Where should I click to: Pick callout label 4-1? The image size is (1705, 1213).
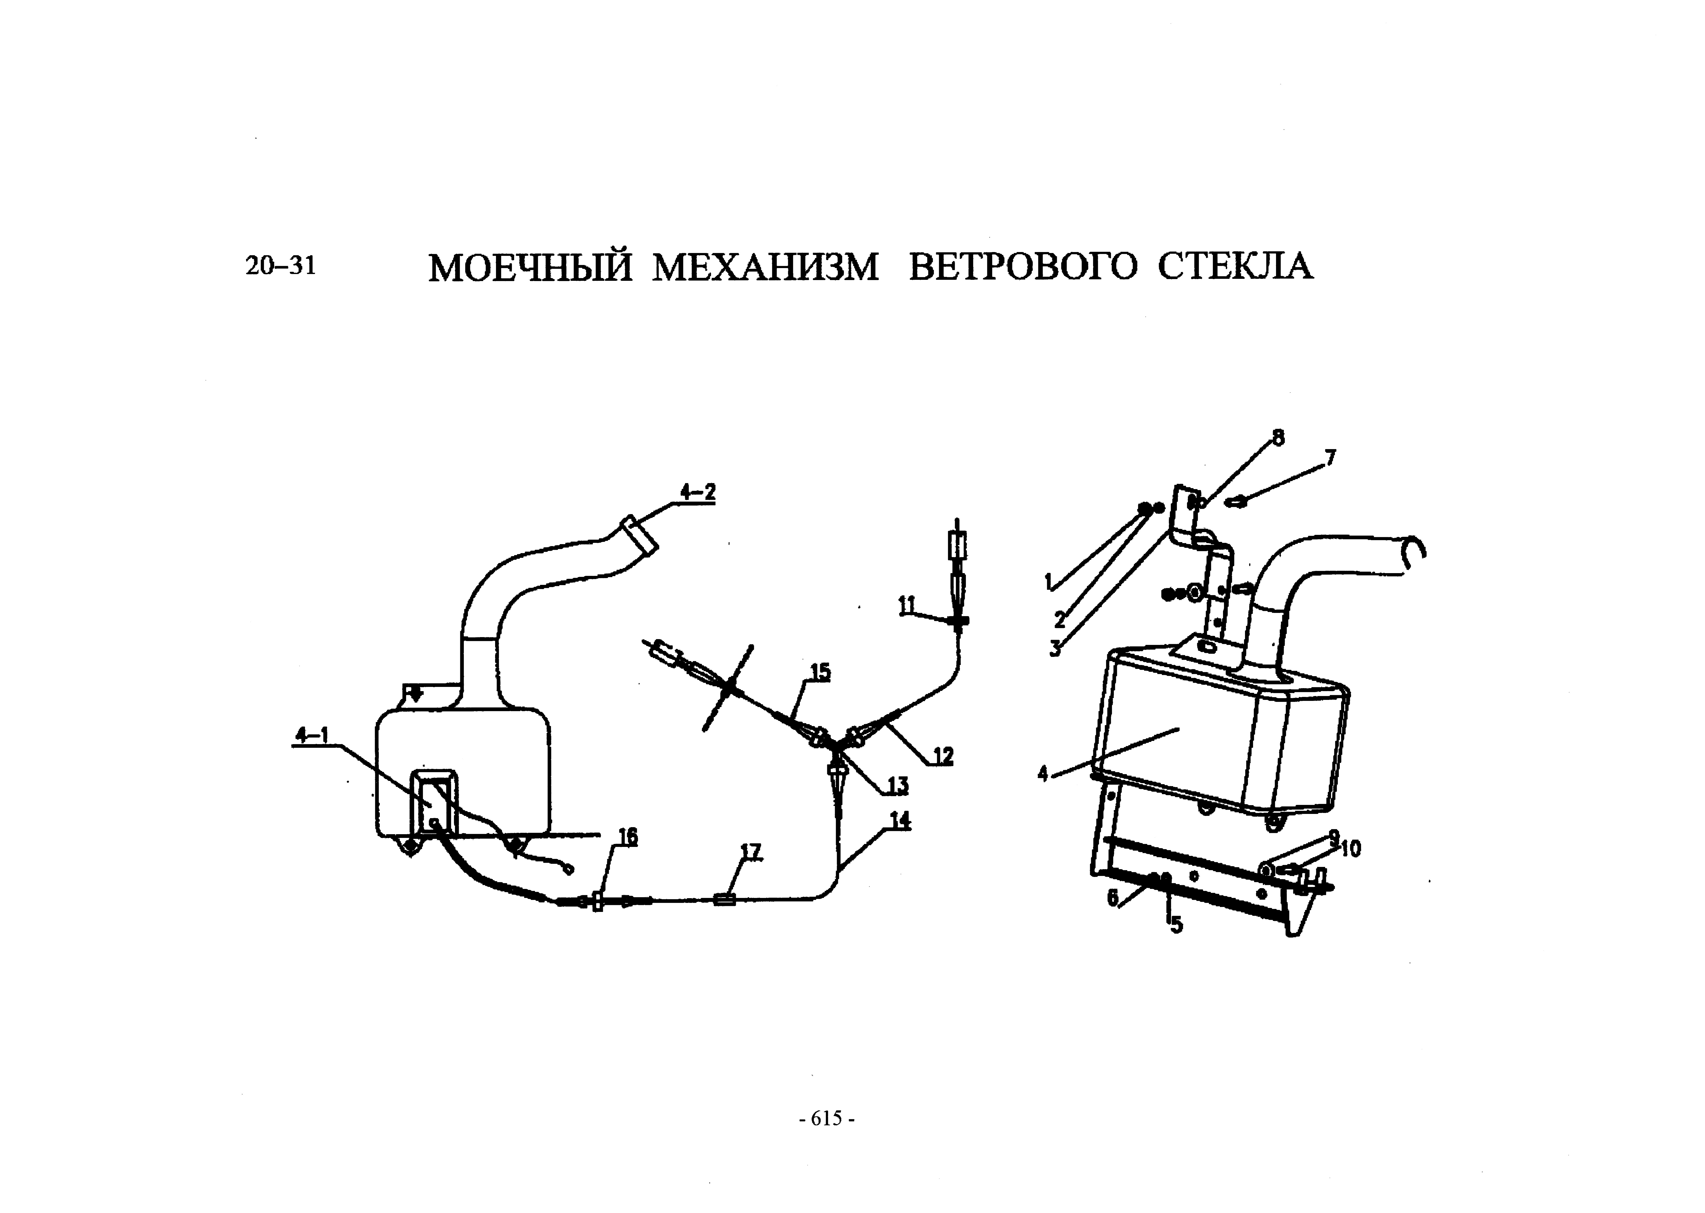pyautogui.click(x=312, y=736)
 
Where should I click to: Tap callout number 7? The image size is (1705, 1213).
pyautogui.click(x=1329, y=457)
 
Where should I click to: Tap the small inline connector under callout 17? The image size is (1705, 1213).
pyautogui.click(x=724, y=900)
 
